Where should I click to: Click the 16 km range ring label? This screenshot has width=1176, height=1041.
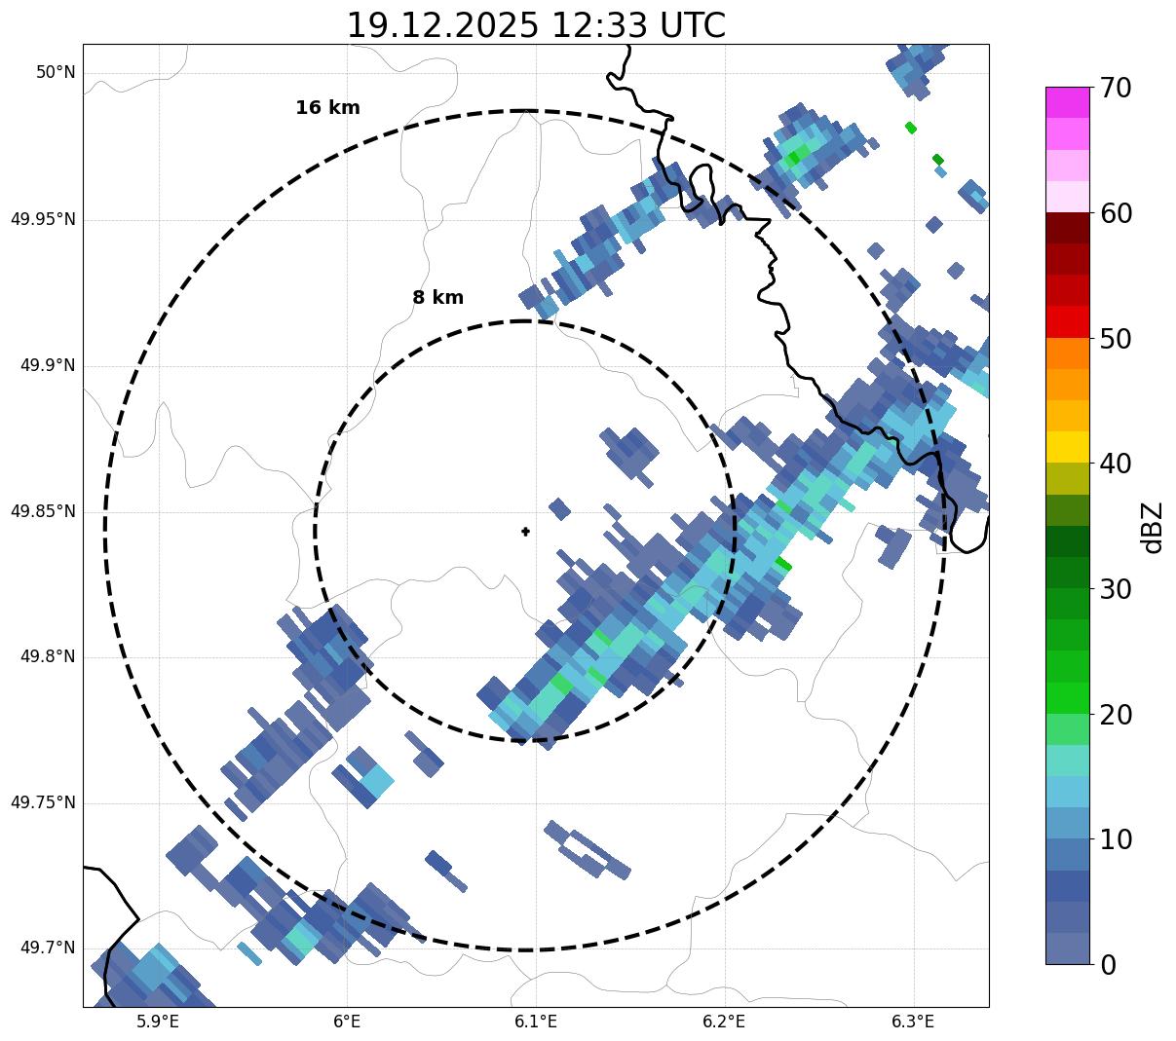[327, 108]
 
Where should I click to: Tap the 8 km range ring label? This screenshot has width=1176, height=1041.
[437, 298]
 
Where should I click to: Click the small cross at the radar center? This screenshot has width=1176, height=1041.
[526, 532]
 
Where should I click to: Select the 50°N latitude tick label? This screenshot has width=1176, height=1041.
[56, 73]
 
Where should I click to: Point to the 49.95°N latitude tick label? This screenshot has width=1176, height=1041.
[43, 219]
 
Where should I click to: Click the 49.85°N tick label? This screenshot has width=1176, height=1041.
[43, 511]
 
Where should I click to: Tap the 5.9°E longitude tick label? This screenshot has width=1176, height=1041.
[158, 1022]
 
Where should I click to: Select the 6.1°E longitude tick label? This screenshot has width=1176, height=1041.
[536, 1022]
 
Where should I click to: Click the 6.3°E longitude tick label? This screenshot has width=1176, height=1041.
[913, 1022]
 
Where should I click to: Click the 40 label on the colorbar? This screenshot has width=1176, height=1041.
[1116, 465]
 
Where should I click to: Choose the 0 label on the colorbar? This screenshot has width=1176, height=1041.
[1109, 965]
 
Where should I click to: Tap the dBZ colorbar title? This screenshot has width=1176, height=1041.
[1153, 527]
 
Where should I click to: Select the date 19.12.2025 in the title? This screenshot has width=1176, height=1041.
[441, 26]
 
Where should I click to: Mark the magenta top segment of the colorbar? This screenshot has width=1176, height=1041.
[1067, 102]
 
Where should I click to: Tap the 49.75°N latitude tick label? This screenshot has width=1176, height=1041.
[43, 802]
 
